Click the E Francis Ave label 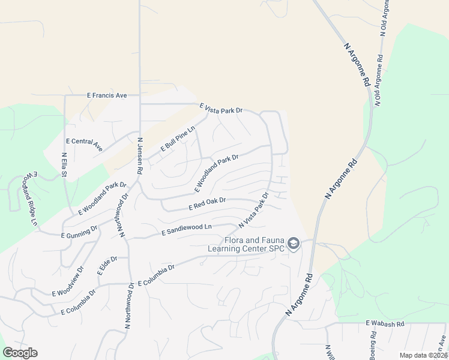(x=107, y=95)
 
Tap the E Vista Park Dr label (x=221, y=109)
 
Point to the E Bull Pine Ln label (x=178, y=139)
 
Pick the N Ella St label (x=64, y=164)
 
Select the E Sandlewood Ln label (x=187, y=229)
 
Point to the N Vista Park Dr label (x=253, y=210)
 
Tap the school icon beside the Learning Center (x=293, y=244)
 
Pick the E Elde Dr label (x=107, y=265)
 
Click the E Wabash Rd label (x=385, y=323)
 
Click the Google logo (x=20, y=353)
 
